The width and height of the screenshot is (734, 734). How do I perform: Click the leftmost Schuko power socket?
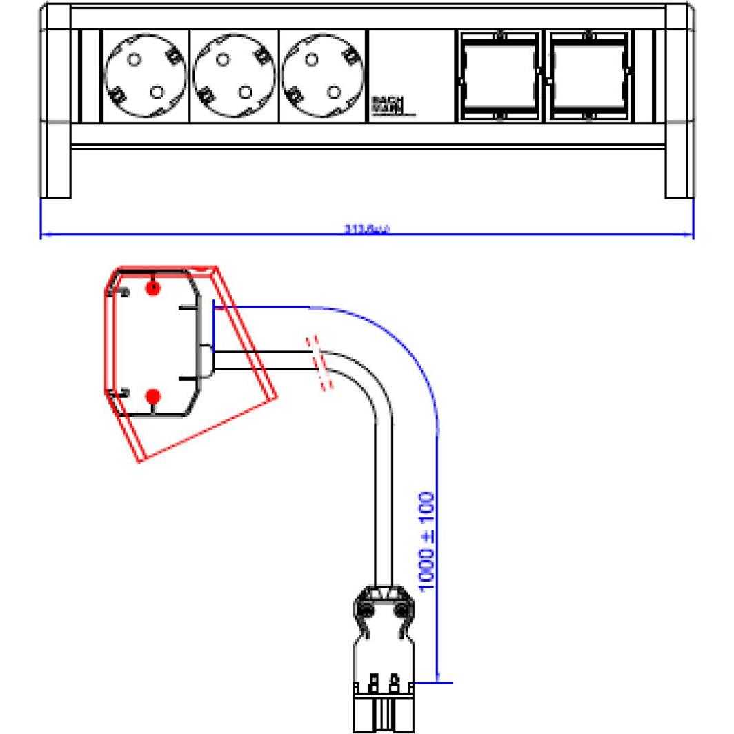click(145, 75)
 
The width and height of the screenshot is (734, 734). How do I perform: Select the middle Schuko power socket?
click(233, 75)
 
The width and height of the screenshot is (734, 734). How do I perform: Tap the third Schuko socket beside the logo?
click(322, 75)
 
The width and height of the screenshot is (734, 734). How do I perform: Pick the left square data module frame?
click(498, 76)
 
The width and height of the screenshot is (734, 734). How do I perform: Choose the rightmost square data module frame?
click(588, 76)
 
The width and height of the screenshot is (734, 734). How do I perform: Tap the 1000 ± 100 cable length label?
click(427, 541)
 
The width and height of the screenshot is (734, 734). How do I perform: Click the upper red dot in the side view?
click(154, 288)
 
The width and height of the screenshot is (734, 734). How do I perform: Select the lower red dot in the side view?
click(154, 396)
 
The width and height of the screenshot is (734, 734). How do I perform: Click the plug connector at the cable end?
click(384, 655)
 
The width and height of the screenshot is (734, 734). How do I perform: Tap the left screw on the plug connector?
click(366, 610)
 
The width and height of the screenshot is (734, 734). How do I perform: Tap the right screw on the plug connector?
click(401, 610)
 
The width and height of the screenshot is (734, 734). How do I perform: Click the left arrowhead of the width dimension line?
click(44, 235)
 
